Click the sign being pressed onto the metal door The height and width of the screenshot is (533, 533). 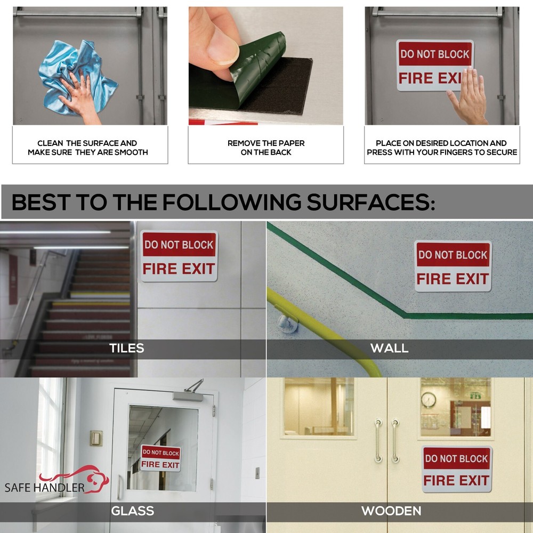(x=435, y=65)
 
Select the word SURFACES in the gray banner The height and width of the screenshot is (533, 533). (x=371, y=202)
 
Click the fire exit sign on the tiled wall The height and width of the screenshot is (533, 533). (x=179, y=256)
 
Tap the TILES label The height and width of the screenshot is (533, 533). (x=126, y=348)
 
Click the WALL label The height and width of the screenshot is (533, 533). (x=389, y=348)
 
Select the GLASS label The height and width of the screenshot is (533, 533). (x=133, y=511)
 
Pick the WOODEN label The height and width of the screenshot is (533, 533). (x=391, y=511)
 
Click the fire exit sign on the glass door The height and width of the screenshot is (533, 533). (x=161, y=458)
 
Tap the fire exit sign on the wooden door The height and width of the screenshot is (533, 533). (x=457, y=469)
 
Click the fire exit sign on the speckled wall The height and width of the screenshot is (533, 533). (x=453, y=266)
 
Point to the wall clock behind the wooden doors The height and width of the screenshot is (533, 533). (x=429, y=400)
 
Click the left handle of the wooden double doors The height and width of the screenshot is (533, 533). (x=378, y=441)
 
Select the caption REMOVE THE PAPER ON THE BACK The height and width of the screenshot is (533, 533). (x=266, y=148)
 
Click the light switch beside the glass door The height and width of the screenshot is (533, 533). (x=96, y=438)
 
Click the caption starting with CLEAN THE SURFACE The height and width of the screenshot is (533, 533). (x=88, y=148)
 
